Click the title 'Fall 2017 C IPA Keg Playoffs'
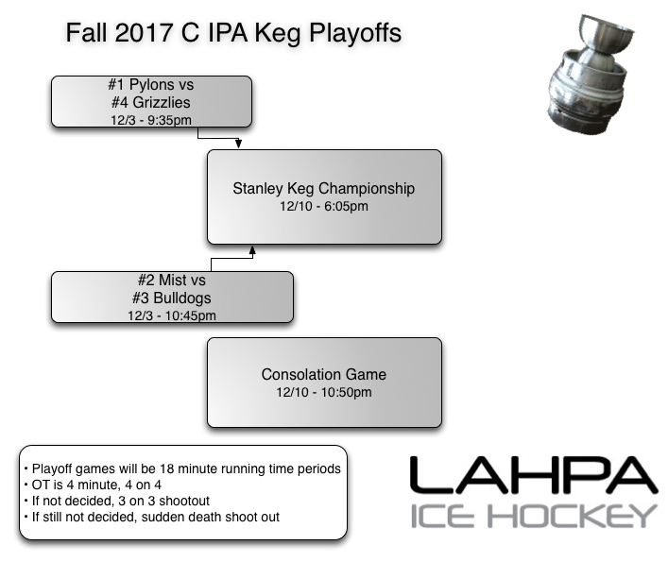233,33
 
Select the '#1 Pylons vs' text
151,86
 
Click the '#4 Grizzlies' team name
151,103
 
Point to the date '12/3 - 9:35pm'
151,119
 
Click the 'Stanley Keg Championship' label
324,189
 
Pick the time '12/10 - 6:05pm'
324,206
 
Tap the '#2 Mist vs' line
172,281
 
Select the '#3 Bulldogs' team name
172,298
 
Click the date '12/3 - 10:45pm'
172,315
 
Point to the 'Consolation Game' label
324,375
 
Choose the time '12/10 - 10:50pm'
324,392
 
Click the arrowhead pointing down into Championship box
239,145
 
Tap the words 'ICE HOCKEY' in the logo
533,516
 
